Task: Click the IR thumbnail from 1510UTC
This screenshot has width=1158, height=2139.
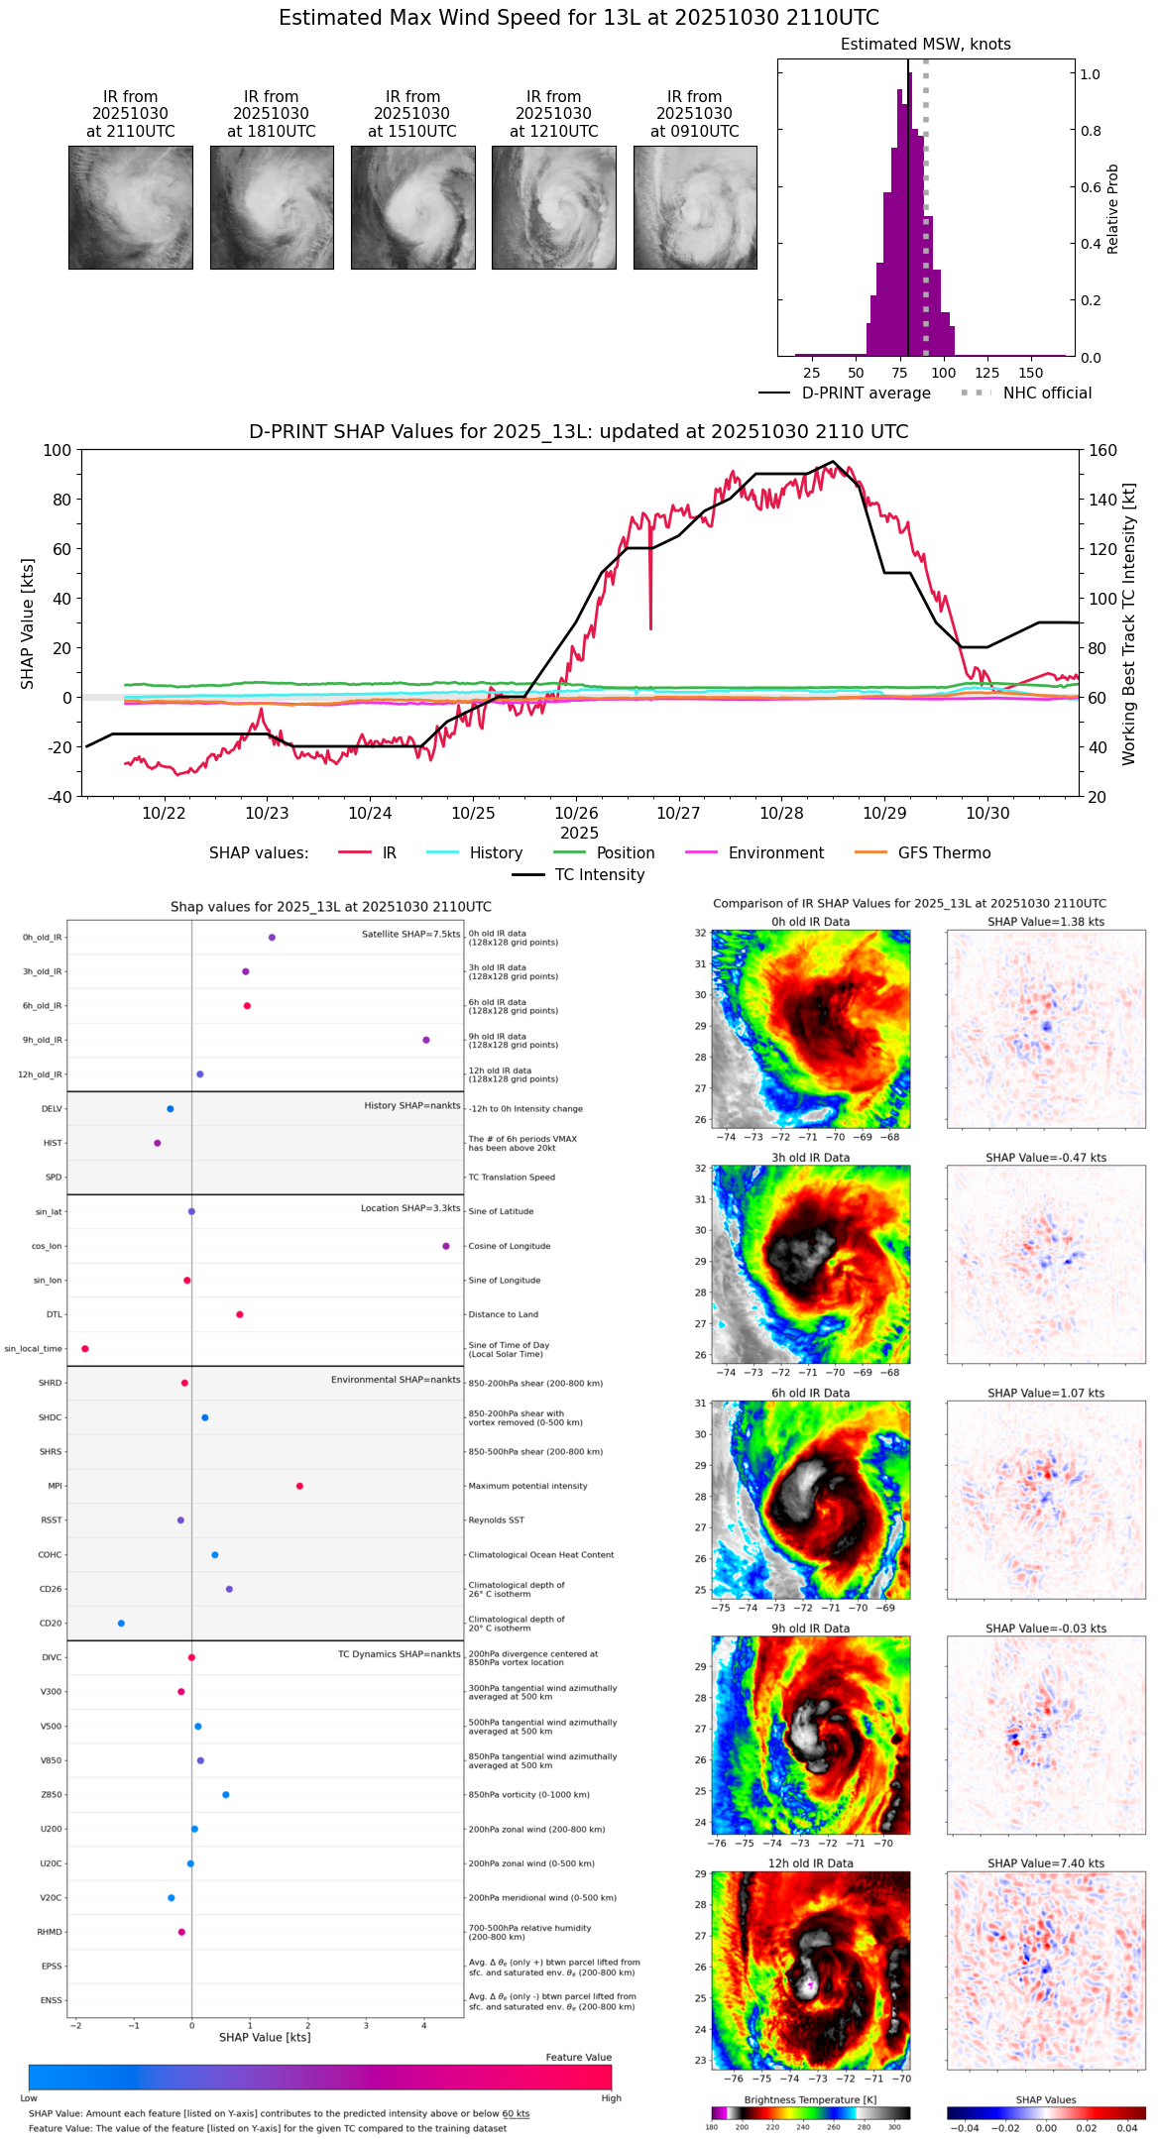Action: [x=412, y=207]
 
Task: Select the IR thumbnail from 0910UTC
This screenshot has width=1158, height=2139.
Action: [x=695, y=207]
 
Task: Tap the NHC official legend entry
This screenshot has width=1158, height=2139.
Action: [x=1046, y=394]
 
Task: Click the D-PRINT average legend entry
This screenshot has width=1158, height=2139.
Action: [x=866, y=394]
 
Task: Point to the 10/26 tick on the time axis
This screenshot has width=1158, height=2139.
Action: [x=576, y=813]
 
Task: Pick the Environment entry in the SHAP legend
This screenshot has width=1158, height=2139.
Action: [x=775, y=853]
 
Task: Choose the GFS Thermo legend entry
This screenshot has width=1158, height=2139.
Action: [x=944, y=853]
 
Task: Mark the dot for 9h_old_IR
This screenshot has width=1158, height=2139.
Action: [x=426, y=1040]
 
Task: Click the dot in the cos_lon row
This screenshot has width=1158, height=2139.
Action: [x=446, y=1246]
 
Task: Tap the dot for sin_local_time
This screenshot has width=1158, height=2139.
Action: [x=85, y=1349]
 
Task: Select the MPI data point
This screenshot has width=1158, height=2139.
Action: [x=299, y=1486]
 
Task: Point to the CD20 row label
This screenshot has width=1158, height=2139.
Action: [x=51, y=1624]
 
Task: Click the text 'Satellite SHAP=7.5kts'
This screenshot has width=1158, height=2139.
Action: [x=410, y=934]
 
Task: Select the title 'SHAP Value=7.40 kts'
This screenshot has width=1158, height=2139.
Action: [x=1046, y=1863]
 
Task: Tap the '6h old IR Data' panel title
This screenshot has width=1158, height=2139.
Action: [x=810, y=1393]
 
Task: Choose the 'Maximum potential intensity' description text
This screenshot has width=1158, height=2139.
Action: [x=527, y=1486]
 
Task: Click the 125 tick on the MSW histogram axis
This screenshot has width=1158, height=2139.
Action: [x=986, y=373]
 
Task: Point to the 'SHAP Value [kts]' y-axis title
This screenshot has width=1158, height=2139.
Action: [x=28, y=622]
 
